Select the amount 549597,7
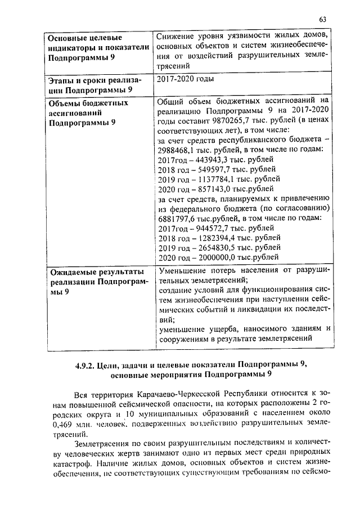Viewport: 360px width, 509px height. (x=210, y=169)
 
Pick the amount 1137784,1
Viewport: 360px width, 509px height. (x=213, y=179)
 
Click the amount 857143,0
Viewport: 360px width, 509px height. (x=211, y=188)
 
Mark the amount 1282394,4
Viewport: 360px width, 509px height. (x=213, y=238)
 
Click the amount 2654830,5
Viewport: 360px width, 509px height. (x=213, y=247)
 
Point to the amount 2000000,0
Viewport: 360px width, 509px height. (x=213, y=257)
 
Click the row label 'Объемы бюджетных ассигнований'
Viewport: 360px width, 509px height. (x=88, y=107)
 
